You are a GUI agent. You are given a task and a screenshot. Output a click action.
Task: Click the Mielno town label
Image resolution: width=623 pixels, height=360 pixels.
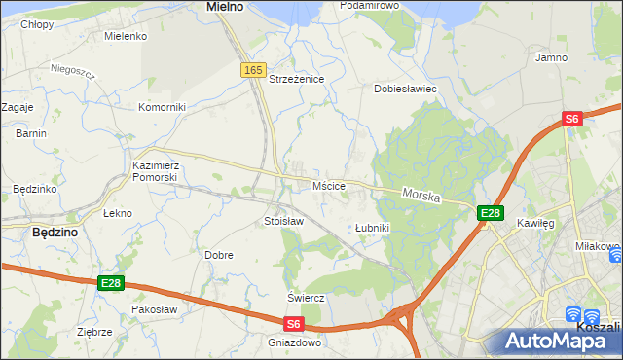tap(224, 6)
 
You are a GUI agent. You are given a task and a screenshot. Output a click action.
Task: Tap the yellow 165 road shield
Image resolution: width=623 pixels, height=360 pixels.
tap(253, 70)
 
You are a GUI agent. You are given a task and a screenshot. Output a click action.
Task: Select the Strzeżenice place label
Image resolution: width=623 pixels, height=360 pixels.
tap(296, 79)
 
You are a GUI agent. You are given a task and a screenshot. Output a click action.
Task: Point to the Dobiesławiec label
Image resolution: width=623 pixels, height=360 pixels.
tap(406, 89)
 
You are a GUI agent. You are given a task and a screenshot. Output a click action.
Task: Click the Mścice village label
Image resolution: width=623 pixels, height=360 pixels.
tap(327, 185)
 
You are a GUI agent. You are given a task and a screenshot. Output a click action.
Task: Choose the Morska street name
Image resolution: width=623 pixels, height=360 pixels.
tap(421, 196)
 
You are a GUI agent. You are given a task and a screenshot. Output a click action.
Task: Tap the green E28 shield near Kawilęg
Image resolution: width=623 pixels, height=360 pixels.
tap(490, 213)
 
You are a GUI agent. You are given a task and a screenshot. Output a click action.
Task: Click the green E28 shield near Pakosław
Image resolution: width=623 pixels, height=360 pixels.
tap(110, 283)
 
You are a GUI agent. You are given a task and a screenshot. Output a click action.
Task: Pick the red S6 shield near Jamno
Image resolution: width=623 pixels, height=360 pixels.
tap(571, 119)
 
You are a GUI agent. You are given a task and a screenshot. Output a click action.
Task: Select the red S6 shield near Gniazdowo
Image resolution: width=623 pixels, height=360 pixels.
tap(294, 323)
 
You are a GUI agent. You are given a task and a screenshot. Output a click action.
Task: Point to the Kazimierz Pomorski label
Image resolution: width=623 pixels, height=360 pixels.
tap(155, 172)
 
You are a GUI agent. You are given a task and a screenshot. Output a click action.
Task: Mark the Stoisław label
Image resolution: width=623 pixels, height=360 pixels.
tap(284, 221)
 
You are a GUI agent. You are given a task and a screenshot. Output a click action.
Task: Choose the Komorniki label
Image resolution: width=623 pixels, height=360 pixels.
tap(162, 107)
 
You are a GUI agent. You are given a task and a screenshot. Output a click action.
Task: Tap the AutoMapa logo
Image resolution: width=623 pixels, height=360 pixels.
tap(556, 341)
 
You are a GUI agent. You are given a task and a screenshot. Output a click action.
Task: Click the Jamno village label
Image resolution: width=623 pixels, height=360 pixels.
tap(552, 58)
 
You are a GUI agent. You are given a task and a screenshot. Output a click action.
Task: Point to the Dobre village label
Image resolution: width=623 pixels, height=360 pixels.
tap(218, 255)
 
